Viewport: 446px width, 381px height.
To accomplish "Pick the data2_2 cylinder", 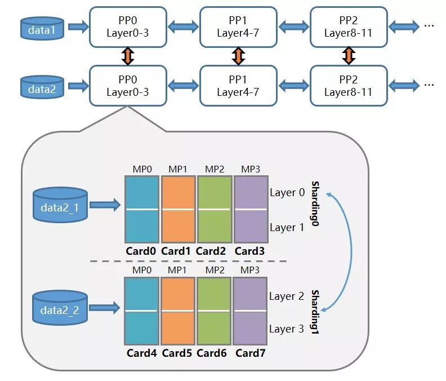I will coord(60,308).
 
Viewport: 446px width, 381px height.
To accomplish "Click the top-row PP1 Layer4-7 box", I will coord(238,26).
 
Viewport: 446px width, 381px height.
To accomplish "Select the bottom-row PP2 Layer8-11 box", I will coord(349,85).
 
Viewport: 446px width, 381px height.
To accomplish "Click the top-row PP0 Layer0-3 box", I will coord(128,26).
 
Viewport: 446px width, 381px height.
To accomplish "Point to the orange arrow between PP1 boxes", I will coord(239,56).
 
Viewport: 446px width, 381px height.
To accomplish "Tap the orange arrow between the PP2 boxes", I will coord(349,56).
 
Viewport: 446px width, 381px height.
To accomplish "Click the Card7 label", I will coord(250,353).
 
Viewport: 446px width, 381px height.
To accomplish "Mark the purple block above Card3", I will coord(250,209).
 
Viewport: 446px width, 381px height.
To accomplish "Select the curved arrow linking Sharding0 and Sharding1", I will coord(351,249).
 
